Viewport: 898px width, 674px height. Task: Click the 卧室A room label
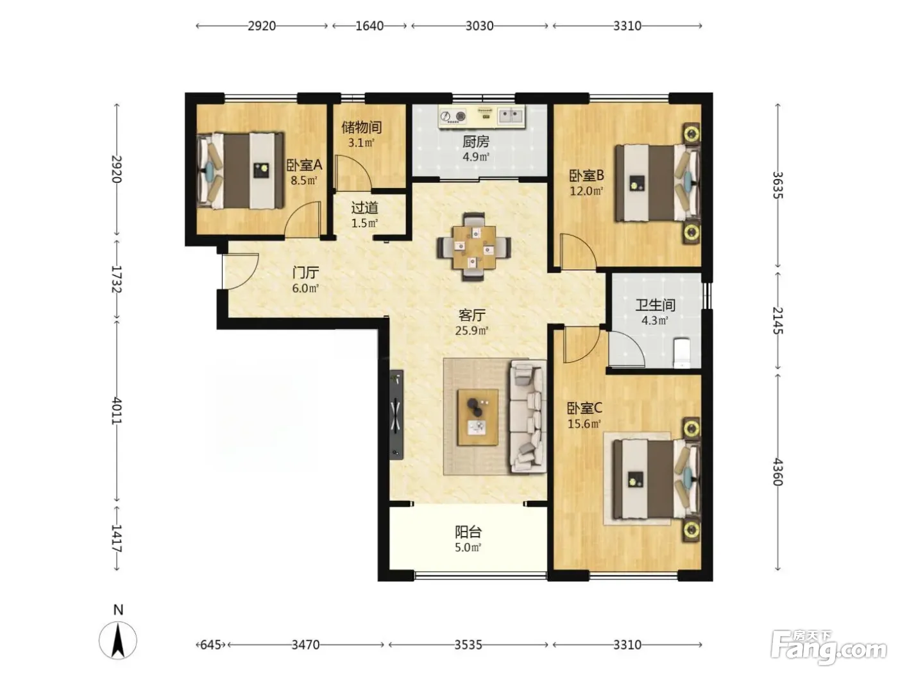304,165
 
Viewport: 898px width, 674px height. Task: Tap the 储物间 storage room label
362,127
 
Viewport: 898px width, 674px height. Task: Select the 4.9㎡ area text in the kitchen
476,157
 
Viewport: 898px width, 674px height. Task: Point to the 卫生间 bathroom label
655,305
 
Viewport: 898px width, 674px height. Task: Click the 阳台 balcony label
468,532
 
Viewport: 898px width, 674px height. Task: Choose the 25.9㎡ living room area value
471,330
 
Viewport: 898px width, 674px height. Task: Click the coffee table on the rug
478,417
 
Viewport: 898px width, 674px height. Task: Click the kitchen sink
511,116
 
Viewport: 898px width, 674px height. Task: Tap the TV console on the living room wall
396,415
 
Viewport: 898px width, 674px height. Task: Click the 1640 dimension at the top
369,26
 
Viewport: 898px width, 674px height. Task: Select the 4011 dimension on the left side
117,410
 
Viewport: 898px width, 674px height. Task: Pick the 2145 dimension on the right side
777,320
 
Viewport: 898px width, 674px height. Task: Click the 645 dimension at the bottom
210,644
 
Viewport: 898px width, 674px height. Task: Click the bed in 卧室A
241,170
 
